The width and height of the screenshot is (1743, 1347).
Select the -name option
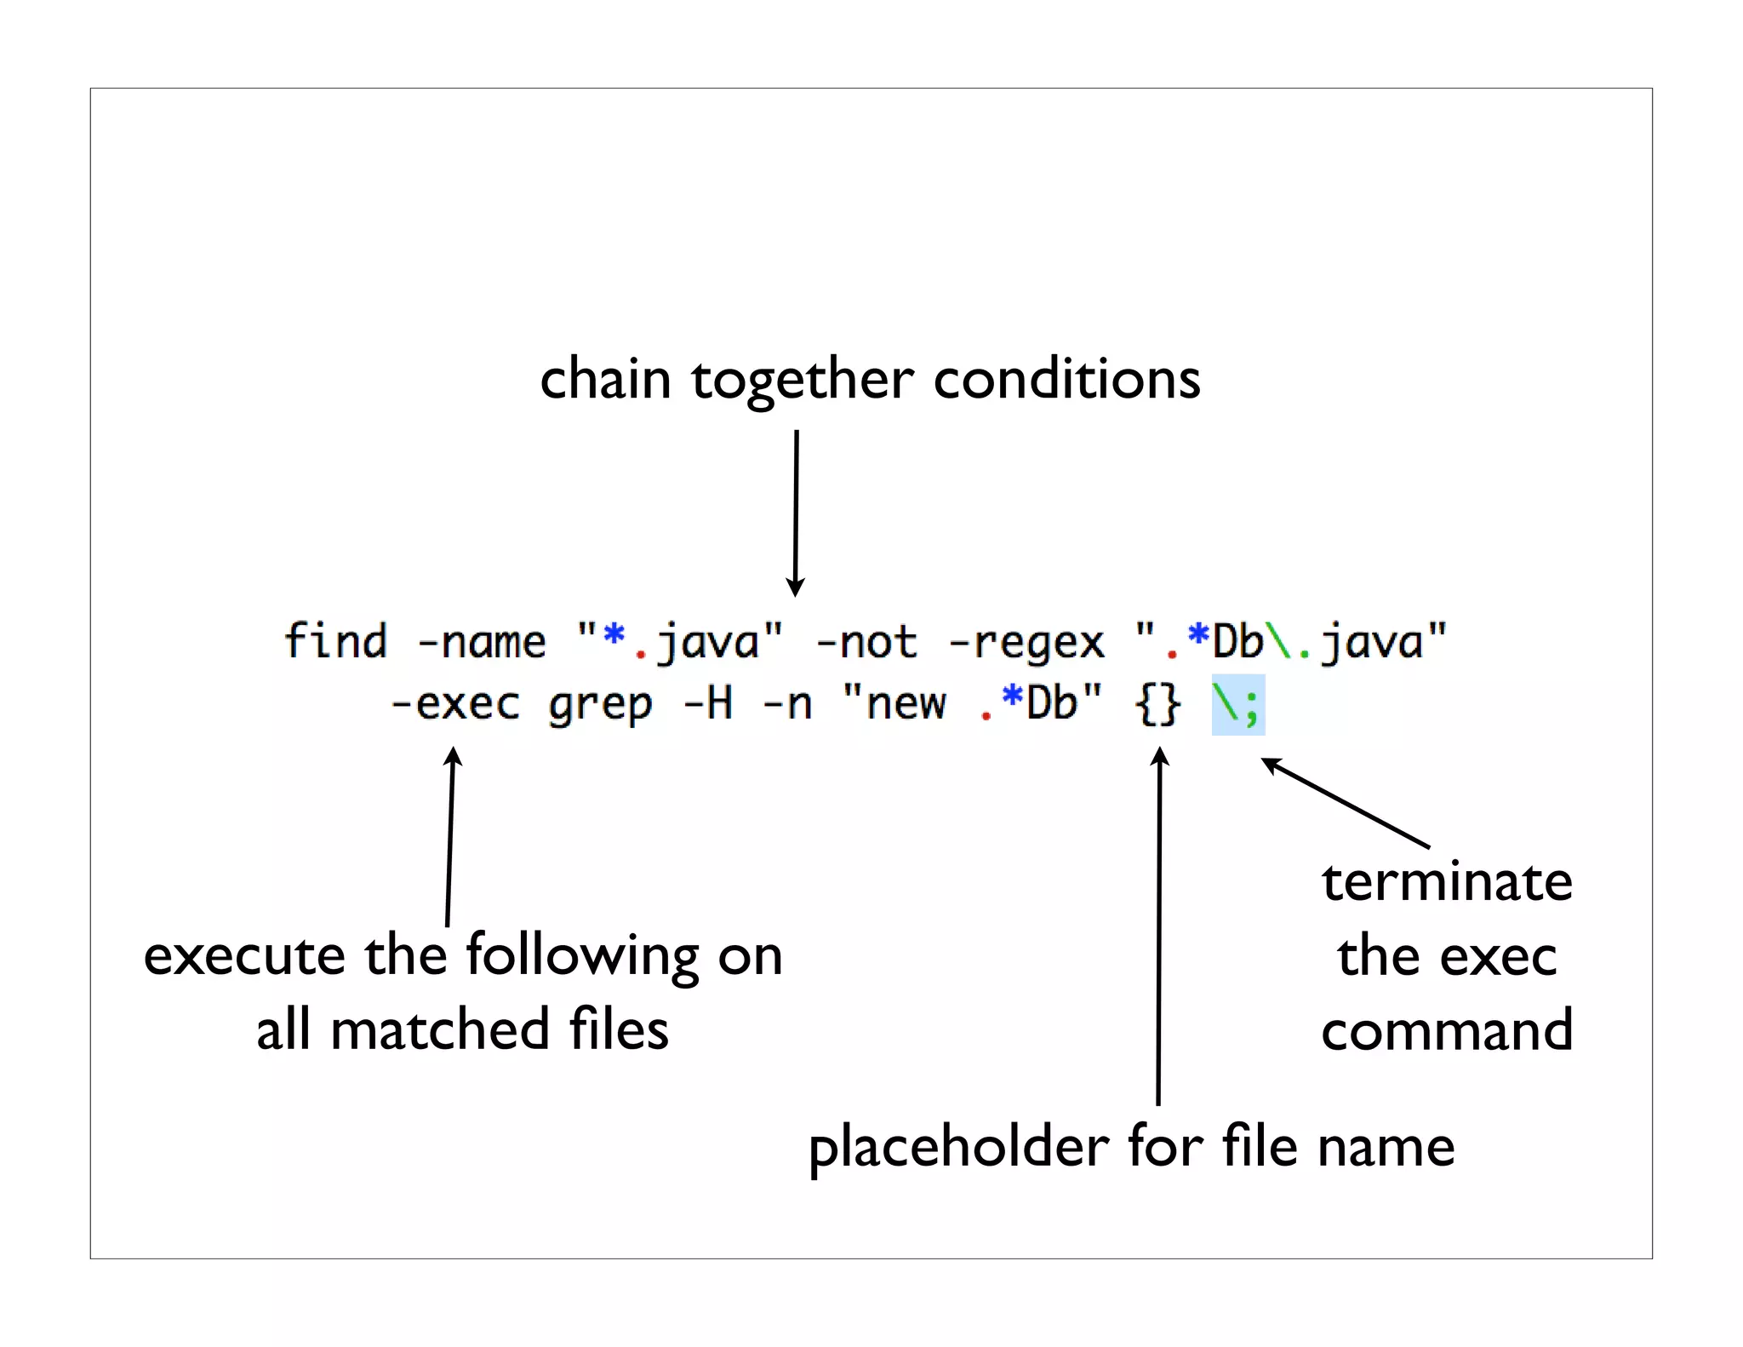tap(481, 643)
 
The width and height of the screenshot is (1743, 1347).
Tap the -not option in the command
tap(866, 643)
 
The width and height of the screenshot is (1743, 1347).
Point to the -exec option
tap(454, 705)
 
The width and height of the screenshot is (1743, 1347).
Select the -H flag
tap(707, 704)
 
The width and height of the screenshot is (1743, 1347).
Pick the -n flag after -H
tap(786, 705)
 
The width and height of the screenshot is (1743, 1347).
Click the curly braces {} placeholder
tap(1158, 705)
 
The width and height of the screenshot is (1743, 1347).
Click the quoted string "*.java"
tap(679, 643)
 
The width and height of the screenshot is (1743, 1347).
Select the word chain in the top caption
tap(605, 379)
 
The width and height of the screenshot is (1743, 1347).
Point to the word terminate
tap(1446, 882)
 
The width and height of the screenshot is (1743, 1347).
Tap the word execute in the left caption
tap(243, 956)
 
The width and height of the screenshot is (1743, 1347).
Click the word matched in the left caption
tap(439, 1030)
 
